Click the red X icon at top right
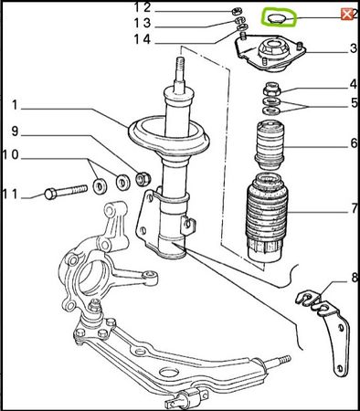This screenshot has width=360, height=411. (346, 15)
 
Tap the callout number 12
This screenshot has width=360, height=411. (143, 7)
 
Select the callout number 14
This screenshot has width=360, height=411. (143, 39)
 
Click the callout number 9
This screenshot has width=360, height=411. (15, 132)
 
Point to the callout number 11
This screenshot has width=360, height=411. (11, 194)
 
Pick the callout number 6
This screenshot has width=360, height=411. (354, 143)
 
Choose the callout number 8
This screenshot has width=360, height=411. (354, 278)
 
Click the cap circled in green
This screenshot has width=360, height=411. (277, 18)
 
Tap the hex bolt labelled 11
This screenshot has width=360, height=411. (66, 192)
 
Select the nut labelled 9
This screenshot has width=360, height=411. (143, 179)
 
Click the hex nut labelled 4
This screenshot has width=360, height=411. (271, 89)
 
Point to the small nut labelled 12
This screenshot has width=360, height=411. (237, 12)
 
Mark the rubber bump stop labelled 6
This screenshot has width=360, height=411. (270, 145)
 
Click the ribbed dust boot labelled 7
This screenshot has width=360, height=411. (267, 217)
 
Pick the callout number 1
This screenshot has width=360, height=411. (15, 105)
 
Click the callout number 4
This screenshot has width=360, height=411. (354, 84)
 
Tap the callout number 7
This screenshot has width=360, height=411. (355, 209)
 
